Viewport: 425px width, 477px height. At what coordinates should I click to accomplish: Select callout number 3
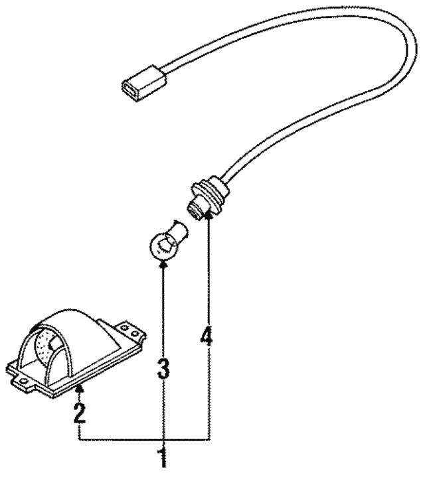164,368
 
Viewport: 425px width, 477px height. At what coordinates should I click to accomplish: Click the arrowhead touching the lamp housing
80,387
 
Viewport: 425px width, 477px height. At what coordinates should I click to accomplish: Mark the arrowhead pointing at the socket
209,216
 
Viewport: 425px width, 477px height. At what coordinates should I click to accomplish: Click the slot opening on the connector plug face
129,89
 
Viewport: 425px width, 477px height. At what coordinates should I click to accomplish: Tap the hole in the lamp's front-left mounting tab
22,381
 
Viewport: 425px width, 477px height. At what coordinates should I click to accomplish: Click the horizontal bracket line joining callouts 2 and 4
145,439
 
